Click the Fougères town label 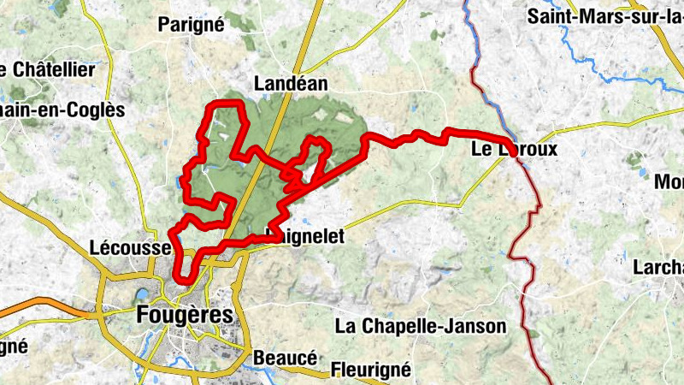tap(184, 315)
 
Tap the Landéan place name tap(291, 84)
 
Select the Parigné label tap(192, 25)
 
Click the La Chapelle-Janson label tap(421, 326)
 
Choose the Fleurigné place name tap(371, 370)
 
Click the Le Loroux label tap(514, 149)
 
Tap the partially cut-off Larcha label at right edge tap(657, 267)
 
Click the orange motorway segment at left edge tap(43, 305)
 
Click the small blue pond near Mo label tap(642, 173)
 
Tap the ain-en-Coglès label tap(62, 110)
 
